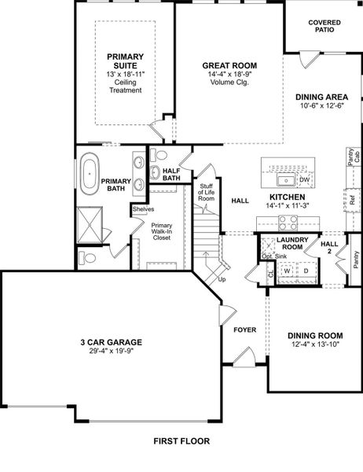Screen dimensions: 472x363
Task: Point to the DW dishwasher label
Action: tap(304, 180)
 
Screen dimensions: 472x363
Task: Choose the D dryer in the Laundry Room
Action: tap(306, 271)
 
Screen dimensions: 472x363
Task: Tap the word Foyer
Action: tap(245, 329)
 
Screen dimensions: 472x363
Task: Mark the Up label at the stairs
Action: tap(222, 279)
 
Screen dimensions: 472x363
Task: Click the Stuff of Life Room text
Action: tap(206, 192)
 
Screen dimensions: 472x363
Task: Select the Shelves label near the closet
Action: tap(142, 209)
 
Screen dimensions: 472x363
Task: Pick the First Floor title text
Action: tap(181, 441)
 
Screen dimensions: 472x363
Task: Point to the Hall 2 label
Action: tap(329, 248)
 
